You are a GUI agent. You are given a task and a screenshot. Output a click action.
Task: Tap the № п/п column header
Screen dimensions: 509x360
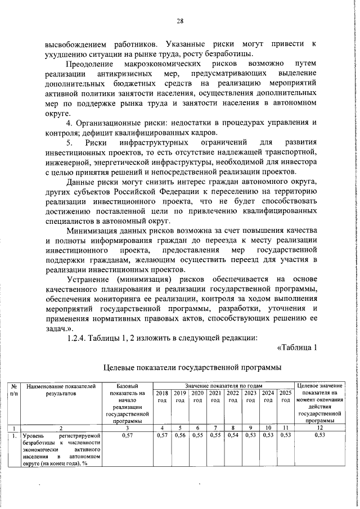coord(15,389)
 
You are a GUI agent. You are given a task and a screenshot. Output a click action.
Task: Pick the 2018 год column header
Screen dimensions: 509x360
coord(163,396)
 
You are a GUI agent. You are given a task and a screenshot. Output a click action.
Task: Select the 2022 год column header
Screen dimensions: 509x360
coord(233,396)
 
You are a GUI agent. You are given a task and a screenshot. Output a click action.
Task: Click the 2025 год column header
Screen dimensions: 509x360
coord(286,396)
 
